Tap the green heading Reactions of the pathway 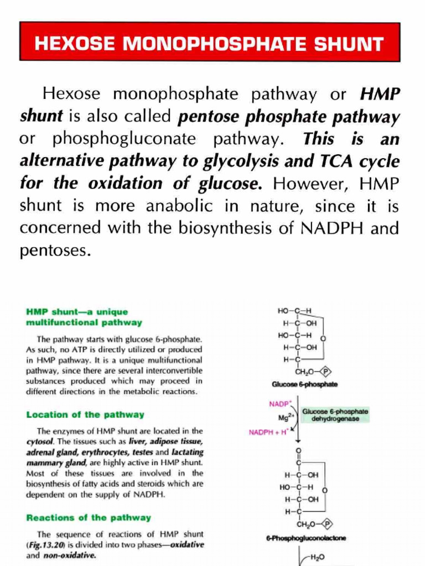89,517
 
